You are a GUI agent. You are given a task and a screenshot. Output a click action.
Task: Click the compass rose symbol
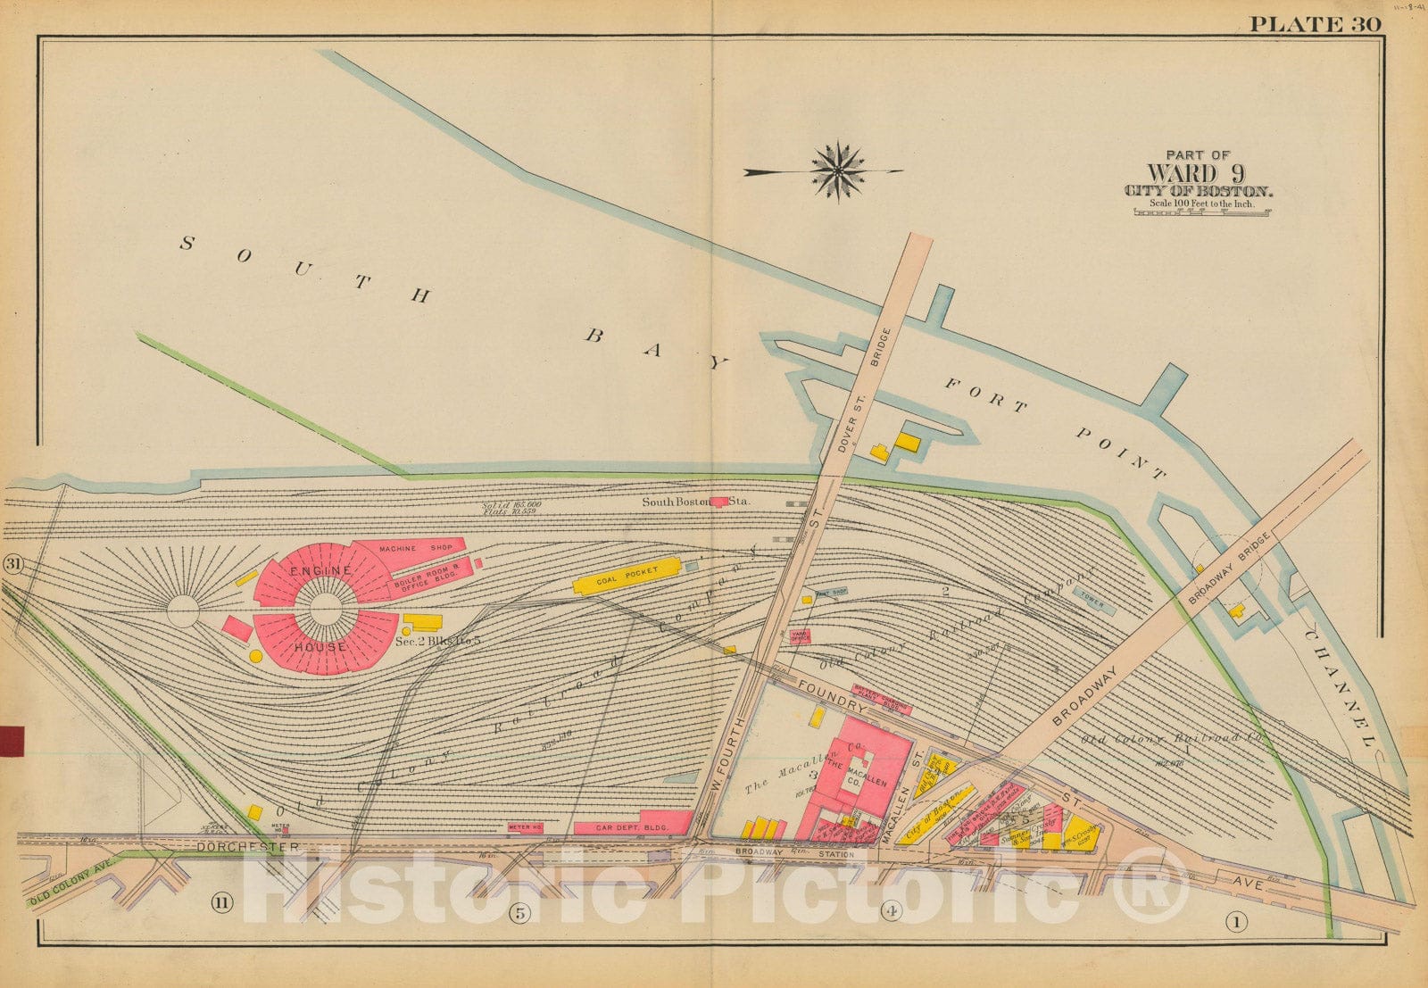[837, 170]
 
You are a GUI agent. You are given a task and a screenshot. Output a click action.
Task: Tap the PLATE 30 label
[1315, 24]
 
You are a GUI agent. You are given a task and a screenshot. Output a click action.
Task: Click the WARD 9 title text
[1196, 174]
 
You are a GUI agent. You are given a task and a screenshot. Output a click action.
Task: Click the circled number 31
[13, 564]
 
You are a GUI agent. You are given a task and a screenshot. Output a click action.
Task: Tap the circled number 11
[221, 903]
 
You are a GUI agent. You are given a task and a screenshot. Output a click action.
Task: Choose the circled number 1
[1236, 920]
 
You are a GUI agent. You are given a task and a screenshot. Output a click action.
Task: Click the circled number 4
[890, 910]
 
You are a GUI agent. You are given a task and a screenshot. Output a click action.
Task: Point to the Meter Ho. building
[525, 827]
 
